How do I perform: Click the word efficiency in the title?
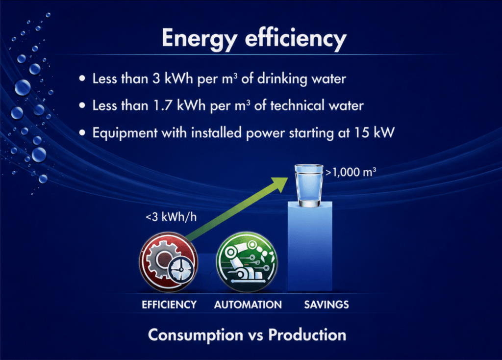[x=296, y=38]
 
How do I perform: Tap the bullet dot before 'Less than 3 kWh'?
[x=82, y=78]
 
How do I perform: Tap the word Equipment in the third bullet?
[x=125, y=133]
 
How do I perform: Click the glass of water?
[x=309, y=185]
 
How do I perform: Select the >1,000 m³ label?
[x=351, y=172]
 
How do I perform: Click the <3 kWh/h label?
[x=171, y=217]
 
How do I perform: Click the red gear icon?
[x=168, y=262]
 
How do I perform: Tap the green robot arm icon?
[x=246, y=262]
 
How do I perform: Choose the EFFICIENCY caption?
[x=169, y=304]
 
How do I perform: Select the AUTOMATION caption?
[x=248, y=304]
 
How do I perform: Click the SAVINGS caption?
[x=326, y=304]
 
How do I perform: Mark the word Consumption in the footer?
[x=196, y=335]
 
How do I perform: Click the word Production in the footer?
[x=307, y=334]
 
